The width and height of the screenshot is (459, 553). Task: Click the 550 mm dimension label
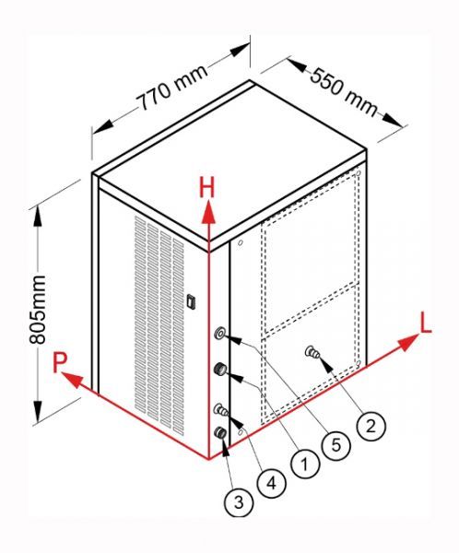(344, 92)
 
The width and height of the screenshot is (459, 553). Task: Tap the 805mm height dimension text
(38, 310)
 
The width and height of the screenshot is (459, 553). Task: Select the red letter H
(206, 188)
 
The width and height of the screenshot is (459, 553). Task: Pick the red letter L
(426, 324)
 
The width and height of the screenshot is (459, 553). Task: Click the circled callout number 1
(305, 464)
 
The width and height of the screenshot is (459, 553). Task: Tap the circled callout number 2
(371, 427)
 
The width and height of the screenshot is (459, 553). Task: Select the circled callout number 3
(239, 502)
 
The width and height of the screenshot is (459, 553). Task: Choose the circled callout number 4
(271, 483)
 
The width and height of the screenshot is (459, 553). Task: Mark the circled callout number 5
(336, 445)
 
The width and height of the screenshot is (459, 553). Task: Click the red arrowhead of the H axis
(209, 212)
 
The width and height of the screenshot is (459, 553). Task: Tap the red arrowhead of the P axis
(73, 380)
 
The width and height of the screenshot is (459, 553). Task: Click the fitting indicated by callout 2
(312, 352)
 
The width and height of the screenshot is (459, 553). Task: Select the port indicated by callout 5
(220, 333)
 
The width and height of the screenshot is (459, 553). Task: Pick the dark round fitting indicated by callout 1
(220, 370)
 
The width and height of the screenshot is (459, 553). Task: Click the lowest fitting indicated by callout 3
(221, 432)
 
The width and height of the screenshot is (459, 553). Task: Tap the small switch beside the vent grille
(191, 301)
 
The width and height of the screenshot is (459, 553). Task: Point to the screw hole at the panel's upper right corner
(358, 173)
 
